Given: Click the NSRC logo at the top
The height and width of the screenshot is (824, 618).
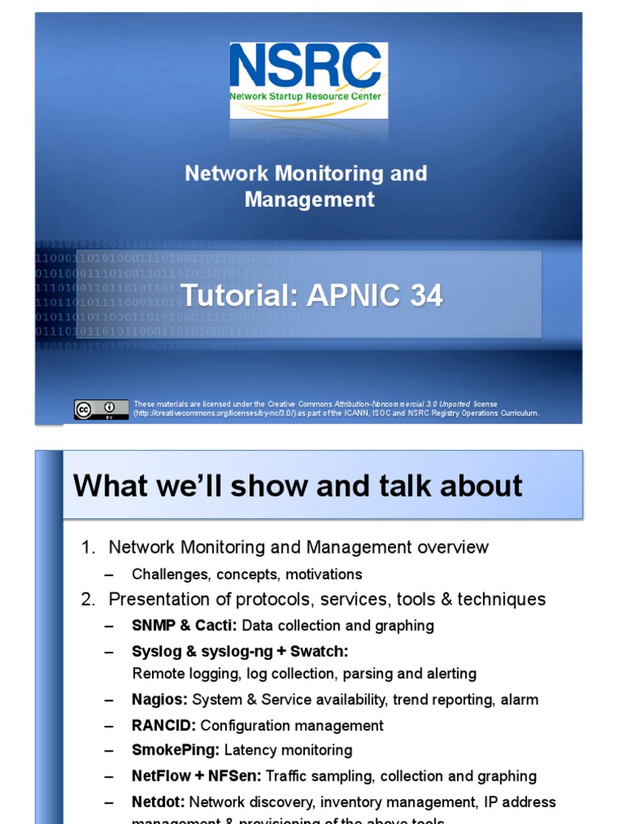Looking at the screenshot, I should [x=308, y=80].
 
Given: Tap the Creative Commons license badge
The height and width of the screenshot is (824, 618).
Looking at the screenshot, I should [x=101, y=409].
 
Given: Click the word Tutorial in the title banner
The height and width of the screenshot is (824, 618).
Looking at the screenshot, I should [x=234, y=296].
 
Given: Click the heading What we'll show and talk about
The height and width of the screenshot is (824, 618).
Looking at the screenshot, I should [x=298, y=486].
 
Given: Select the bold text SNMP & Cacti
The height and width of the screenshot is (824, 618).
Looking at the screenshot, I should [x=184, y=625].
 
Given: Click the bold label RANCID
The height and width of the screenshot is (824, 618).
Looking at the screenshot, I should [x=164, y=725].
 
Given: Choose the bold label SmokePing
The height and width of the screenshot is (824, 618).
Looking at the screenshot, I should [x=175, y=750].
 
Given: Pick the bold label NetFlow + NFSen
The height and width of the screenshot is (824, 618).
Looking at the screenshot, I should [x=196, y=776].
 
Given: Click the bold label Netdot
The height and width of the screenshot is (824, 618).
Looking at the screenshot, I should [x=159, y=801].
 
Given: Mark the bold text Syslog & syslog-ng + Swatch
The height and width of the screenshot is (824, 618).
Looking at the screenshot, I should [x=240, y=651].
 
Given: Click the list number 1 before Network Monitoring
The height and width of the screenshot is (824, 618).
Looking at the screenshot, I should [x=88, y=548].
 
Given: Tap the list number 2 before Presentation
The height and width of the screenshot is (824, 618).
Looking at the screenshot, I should [x=88, y=599].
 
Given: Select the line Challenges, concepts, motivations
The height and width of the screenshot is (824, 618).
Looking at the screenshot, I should [x=247, y=575].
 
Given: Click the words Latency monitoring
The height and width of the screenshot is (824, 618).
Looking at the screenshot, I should [x=288, y=750].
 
